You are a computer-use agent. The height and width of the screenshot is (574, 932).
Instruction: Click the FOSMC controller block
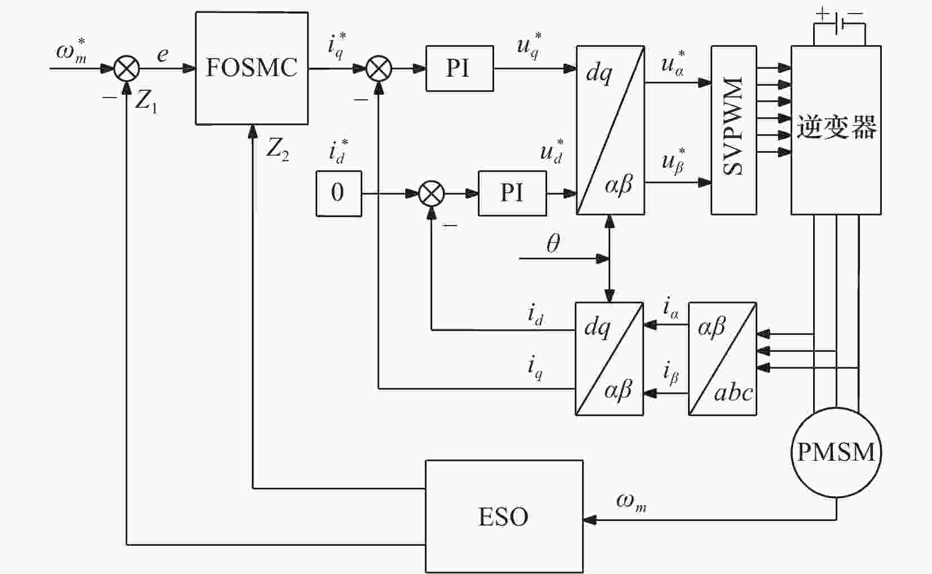(252, 68)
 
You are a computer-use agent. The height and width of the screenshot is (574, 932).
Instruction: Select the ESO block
(504, 516)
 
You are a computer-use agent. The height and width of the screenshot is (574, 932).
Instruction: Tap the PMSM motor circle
(836, 452)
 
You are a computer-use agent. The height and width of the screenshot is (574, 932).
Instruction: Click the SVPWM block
(734, 130)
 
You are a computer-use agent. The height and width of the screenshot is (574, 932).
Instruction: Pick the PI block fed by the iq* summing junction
(459, 68)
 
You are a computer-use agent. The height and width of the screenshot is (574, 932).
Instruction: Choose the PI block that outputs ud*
(512, 193)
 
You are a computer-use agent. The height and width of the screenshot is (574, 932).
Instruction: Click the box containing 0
(339, 193)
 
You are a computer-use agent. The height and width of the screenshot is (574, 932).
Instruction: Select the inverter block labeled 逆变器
(836, 130)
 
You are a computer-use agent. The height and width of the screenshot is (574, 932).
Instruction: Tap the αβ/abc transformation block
(722, 359)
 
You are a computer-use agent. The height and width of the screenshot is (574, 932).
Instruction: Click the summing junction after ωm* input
(126, 68)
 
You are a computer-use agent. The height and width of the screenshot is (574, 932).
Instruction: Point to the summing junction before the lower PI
(432, 193)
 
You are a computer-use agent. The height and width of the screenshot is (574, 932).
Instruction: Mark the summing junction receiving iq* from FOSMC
(379, 68)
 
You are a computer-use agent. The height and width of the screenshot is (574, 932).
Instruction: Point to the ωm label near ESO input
(631, 502)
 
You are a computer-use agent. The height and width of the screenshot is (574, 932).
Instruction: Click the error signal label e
(162, 55)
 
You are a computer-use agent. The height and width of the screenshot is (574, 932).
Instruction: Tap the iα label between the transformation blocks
(671, 308)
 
